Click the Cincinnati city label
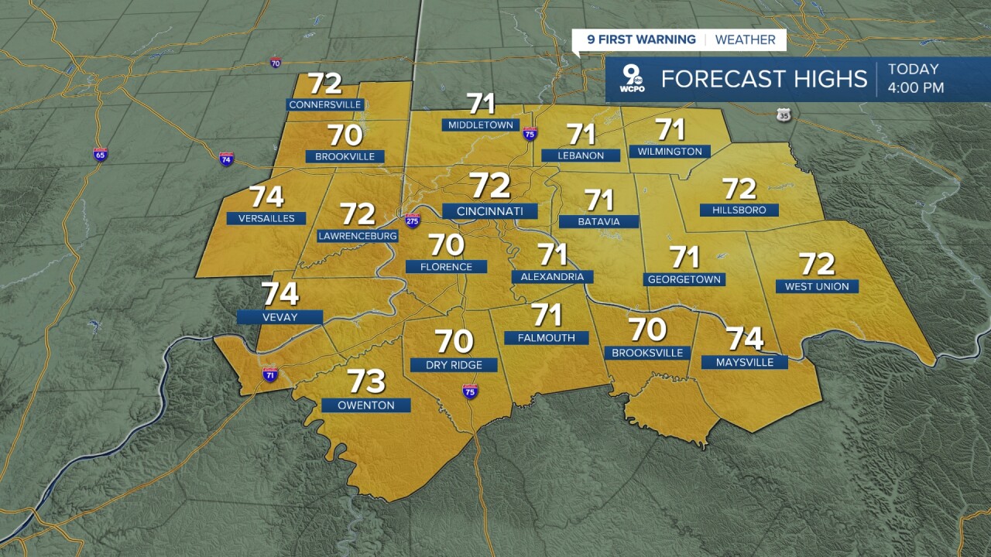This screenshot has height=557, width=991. pyautogui.click(x=489, y=211)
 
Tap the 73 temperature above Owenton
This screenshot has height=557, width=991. pyautogui.click(x=366, y=381)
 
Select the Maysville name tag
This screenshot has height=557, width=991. pyautogui.click(x=744, y=362)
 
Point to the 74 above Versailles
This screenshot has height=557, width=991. pyautogui.click(x=266, y=198)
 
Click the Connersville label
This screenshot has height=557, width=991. pyautogui.click(x=324, y=104)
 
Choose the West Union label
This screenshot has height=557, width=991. pyautogui.click(x=817, y=286)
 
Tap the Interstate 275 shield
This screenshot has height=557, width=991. pyautogui.click(x=413, y=220)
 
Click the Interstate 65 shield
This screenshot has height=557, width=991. pyautogui.click(x=100, y=154)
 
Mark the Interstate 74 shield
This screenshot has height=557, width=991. pyautogui.click(x=226, y=159)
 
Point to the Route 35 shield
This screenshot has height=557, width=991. pyautogui.click(x=784, y=115)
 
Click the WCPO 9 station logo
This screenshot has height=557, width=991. pyautogui.click(x=633, y=80)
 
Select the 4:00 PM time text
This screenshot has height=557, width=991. pyautogui.click(x=916, y=88)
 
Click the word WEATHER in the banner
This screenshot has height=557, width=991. pyautogui.click(x=745, y=40)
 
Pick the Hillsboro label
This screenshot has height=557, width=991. pyautogui.click(x=739, y=210)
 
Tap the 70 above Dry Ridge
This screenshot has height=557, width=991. pyautogui.click(x=454, y=342)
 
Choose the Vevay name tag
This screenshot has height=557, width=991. pyautogui.click(x=279, y=316)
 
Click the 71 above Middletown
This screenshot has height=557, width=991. pyautogui.click(x=481, y=103)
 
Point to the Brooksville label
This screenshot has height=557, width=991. pyautogui.click(x=647, y=353)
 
